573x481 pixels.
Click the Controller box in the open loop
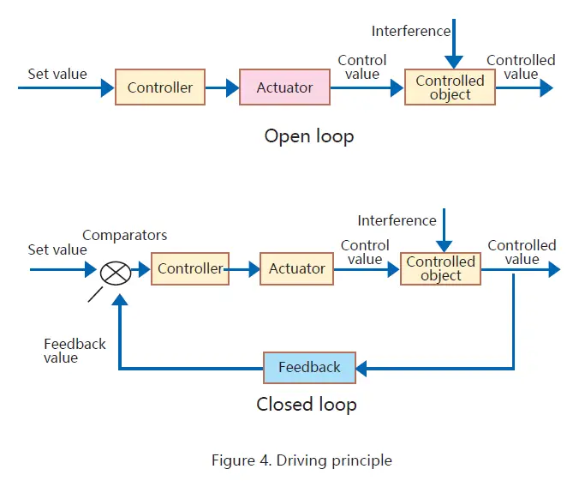(160, 87)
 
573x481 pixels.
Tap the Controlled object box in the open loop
(450, 87)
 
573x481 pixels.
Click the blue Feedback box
(308, 367)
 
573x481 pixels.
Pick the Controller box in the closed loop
(190, 268)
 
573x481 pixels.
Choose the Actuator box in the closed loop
(296, 268)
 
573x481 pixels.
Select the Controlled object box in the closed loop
(440, 268)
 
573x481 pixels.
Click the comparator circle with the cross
(115, 272)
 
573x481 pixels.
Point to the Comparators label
(125, 235)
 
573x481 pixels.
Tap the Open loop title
(308, 136)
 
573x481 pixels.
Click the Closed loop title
(306, 404)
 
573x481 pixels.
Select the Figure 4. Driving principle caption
(301, 460)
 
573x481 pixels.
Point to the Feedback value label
(75, 351)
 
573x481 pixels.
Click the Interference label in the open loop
(410, 31)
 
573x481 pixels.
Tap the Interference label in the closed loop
(397, 220)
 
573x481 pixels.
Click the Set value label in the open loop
(57, 74)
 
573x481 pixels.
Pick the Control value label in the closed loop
(365, 252)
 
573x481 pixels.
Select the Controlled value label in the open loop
(521, 67)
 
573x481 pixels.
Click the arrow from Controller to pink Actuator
(222, 87)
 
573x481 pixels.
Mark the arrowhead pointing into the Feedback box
(361, 368)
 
